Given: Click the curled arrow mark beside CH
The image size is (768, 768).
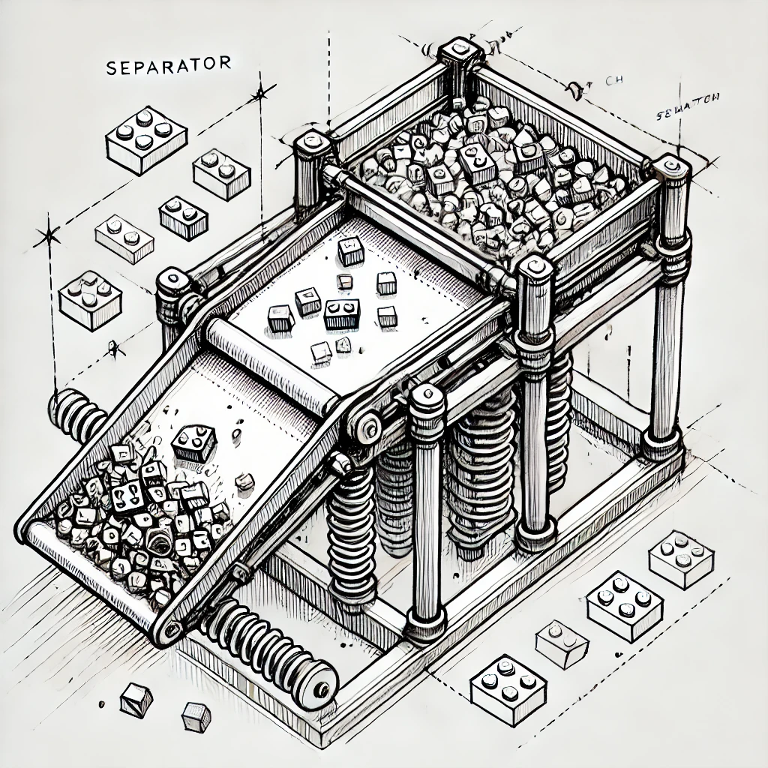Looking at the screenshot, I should [576, 90].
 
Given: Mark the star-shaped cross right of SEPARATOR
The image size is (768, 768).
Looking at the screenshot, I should [260, 94].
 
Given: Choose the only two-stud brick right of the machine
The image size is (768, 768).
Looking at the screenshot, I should [562, 643].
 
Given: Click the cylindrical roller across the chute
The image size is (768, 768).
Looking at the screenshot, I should [274, 362].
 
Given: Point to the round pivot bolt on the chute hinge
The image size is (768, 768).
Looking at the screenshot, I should [368, 428].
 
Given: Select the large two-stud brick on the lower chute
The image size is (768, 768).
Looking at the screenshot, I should [193, 443].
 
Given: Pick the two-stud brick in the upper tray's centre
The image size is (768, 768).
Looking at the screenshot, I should [342, 313].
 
